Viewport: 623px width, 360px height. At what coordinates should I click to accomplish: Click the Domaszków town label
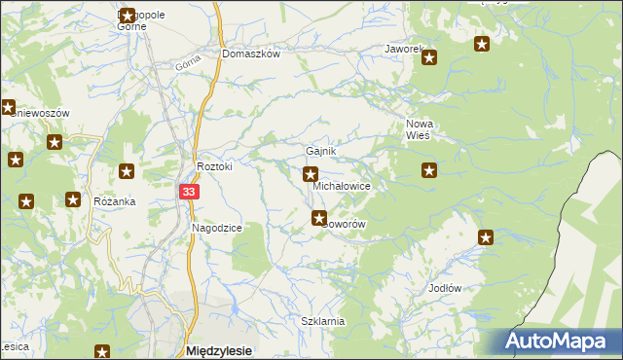tap(251, 54)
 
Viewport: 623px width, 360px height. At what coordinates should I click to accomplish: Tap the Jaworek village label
tap(403, 48)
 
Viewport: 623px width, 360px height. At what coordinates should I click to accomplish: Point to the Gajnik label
tap(321, 152)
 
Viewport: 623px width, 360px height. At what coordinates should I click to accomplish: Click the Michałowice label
tap(341, 185)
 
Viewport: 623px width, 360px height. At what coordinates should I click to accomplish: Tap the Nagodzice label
tap(216, 227)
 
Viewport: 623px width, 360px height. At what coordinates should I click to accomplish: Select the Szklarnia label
tap(323, 321)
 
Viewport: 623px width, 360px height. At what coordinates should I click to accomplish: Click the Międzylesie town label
tap(218, 350)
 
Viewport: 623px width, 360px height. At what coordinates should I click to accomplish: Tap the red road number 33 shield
tap(189, 193)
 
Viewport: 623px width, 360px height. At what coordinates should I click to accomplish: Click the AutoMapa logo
tap(559, 342)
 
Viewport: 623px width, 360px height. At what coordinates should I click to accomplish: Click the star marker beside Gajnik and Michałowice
tap(311, 175)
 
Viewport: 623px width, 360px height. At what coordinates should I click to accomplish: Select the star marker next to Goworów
tap(318, 218)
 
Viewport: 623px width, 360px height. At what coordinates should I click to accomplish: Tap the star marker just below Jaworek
tap(429, 58)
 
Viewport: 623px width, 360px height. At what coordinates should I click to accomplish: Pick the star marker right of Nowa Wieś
tap(429, 170)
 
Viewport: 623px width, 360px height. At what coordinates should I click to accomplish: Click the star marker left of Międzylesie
tap(102, 351)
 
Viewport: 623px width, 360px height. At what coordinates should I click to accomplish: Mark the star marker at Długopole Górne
tap(127, 16)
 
